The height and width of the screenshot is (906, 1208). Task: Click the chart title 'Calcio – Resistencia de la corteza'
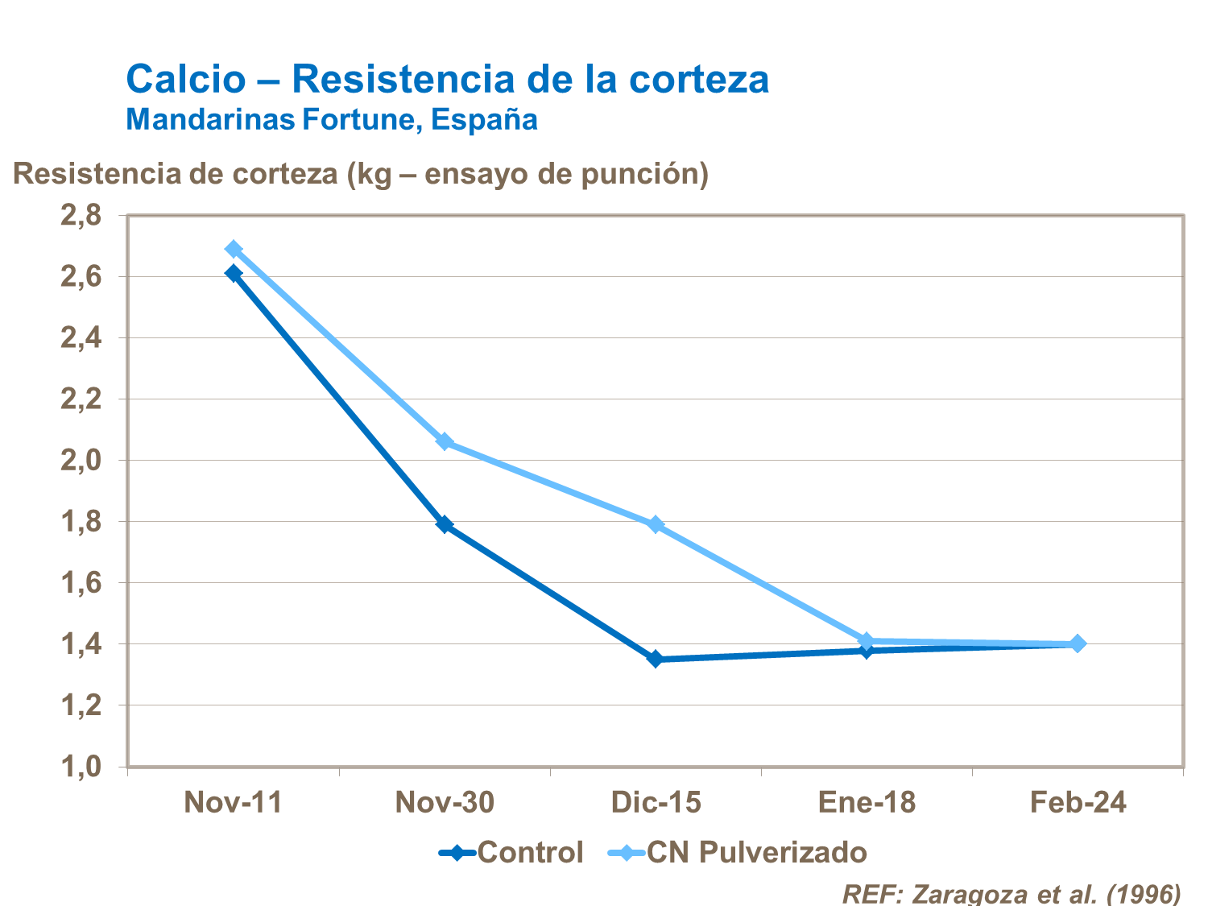447,79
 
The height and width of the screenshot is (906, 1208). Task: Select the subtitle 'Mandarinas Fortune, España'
332,119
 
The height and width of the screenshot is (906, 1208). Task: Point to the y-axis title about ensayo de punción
360,174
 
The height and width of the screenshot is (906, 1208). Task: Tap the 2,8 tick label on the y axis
81,216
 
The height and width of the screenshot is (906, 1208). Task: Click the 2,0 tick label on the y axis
81,461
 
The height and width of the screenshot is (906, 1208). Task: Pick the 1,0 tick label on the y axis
81,767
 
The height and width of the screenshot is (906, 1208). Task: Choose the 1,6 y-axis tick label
81,583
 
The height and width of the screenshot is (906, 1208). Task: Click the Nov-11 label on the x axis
234,803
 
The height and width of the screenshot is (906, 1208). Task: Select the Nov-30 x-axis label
445,803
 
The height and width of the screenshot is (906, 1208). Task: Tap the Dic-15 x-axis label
656,803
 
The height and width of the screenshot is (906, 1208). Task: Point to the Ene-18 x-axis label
867,803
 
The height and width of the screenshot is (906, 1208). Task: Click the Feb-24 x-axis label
1078,803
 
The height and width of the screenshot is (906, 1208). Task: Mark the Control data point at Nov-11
234,274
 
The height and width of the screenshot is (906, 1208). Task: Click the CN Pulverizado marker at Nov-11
234,249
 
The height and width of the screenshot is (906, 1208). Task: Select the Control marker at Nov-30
445,524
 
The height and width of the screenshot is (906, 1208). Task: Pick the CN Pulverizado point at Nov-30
445,442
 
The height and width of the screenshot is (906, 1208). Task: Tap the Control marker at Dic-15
656,659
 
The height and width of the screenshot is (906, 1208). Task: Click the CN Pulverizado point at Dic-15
656,524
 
